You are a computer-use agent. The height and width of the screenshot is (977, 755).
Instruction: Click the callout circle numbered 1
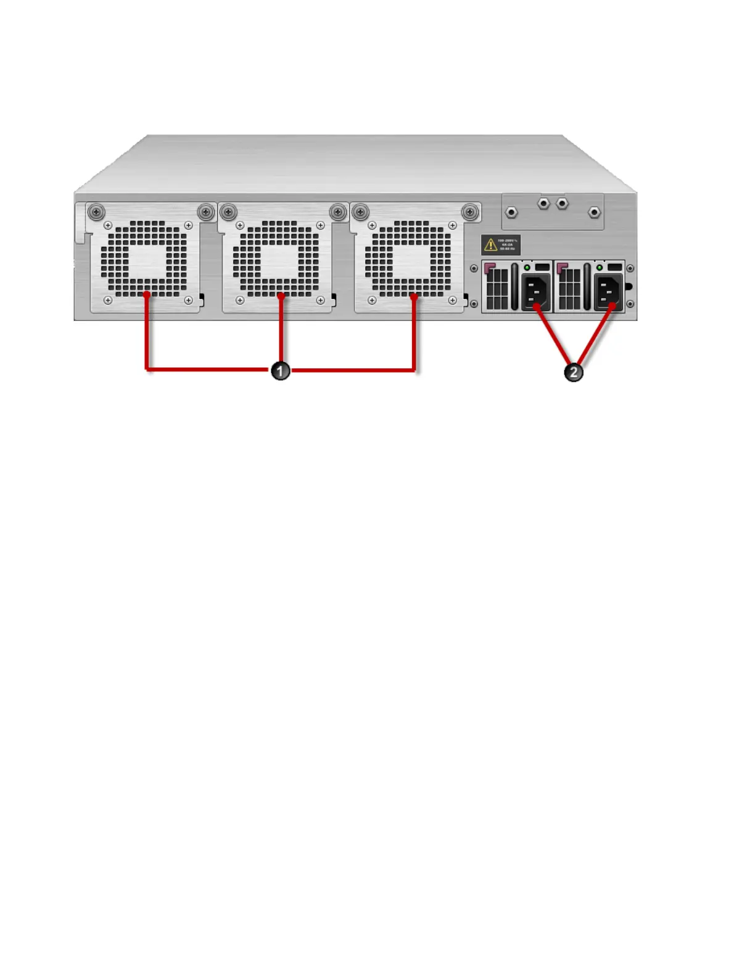tap(281, 371)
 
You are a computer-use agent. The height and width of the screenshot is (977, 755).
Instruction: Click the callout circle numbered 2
tap(574, 372)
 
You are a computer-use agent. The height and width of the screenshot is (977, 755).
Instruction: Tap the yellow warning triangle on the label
tap(490, 245)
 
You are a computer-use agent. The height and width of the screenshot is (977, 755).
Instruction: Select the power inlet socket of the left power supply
tap(535, 292)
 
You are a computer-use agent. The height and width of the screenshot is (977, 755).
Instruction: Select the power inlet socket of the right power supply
tap(608, 292)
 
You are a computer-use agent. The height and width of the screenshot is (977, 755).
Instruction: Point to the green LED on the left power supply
tap(527, 268)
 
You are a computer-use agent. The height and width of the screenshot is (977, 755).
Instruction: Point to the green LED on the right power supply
tap(599, 268)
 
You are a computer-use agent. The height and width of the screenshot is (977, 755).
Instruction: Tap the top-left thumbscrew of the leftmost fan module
tap(96, 212)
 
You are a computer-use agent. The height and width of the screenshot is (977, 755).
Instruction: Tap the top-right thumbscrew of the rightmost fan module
tap(470, 212)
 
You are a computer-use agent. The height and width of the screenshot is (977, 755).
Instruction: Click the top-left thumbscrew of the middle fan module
tap(228, 212)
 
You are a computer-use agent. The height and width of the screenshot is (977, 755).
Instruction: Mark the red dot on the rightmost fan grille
tap(415, 297)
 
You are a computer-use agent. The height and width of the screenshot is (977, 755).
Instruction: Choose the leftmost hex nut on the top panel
tap(511, 212)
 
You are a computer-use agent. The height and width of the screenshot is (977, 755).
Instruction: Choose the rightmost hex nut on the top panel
tap(594, 212)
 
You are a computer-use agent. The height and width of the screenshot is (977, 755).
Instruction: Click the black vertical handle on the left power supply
tap(515, 287)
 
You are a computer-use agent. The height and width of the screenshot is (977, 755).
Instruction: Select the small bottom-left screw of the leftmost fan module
tap(108, 300)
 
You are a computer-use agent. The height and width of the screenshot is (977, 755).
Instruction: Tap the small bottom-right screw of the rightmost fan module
tap(453, 300)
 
